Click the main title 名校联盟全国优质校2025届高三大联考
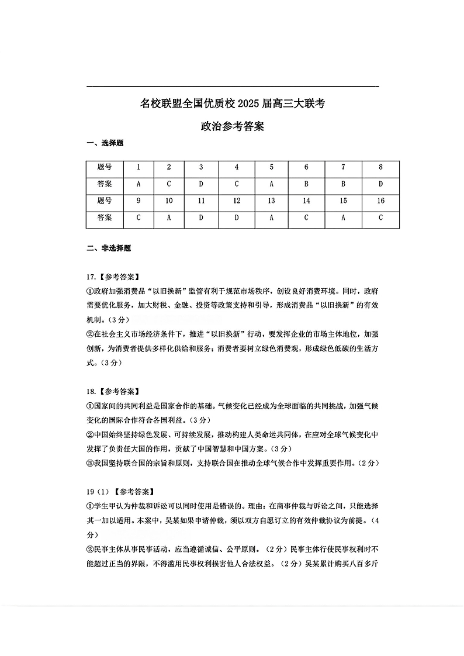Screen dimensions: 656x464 tap(233, 105)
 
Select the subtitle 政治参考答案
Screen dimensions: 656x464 tap(233, 126)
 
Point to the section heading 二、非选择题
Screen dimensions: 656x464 tap(109, 248)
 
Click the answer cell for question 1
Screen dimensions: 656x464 tap(138, 184)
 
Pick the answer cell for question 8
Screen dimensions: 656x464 tap(380, 184)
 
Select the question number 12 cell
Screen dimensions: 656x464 tap(237, 201)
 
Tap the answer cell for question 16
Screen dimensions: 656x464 tap(380, 217)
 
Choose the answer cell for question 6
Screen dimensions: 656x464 tap(306, 184)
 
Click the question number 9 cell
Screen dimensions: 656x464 tap(138, 201)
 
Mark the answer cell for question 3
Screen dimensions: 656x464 tap(201, 184)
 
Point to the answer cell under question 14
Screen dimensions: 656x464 tap(306, 217)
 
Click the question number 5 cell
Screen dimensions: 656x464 tap(271, 167)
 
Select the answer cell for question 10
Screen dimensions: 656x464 tap(169, 217)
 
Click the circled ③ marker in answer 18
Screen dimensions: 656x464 tap(90, 463)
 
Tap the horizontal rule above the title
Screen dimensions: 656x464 tap(233, 87)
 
